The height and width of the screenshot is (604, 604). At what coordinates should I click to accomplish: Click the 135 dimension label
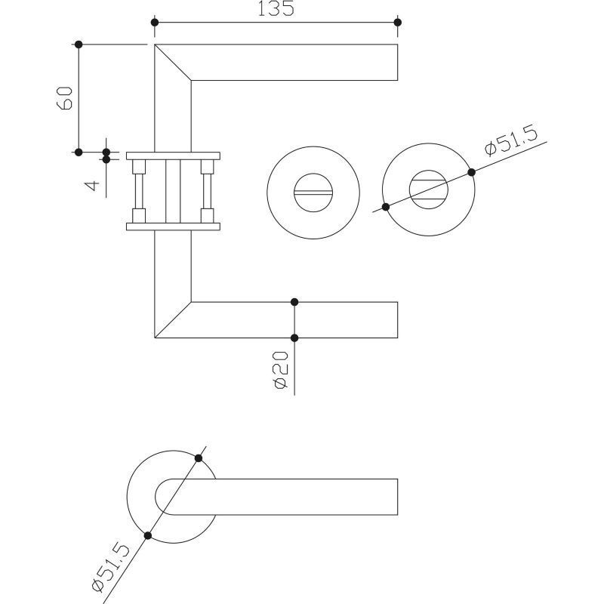coord(276,8)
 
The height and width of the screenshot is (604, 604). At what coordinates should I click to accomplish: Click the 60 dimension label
coord(64,98)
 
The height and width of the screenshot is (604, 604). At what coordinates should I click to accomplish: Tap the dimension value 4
coord(92,186)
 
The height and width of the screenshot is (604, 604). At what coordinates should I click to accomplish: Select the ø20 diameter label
coord(280,370)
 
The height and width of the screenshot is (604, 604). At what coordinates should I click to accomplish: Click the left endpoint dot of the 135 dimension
coord(155,23)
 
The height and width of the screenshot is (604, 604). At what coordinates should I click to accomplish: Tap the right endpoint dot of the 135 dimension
coord(398,23)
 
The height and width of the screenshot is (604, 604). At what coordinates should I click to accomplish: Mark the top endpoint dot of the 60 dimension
coord(79,45)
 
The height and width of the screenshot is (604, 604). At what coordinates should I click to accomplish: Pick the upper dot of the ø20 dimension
coord(294,302)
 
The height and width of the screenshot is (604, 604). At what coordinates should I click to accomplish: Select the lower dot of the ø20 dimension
coord(294,338)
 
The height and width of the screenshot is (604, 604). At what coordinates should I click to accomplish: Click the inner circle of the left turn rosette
coord(313,174)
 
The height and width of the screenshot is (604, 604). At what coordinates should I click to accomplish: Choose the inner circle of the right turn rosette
coord(428,171)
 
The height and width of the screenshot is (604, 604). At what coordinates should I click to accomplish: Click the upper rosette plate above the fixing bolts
coord(174,156)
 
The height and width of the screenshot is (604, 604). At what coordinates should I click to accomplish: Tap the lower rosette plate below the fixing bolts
coord(174,226)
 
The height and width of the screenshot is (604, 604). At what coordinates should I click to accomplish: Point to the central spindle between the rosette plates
coord(173,192)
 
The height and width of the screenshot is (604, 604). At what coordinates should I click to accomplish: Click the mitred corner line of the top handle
coord(173,63)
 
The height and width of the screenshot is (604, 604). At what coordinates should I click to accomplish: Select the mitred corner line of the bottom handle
coord(173,319)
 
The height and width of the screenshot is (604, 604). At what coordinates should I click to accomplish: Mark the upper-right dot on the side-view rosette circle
coord(199,458)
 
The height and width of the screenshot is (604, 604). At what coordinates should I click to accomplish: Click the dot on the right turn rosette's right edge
coord(471,172)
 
